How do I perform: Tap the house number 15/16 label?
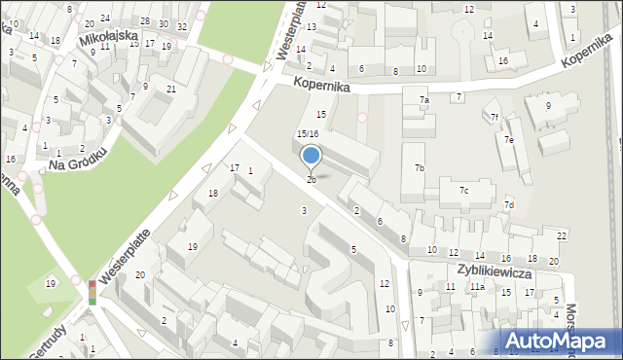[x=308, y=133]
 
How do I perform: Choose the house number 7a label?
[x=424, y=100]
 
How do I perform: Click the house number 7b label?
[x=419, y=168]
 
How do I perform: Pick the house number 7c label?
[x=464, y=190]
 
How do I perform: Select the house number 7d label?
[x=508, y=204]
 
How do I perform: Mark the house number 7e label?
[x=508, y=139]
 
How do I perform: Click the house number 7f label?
[x=495, y=117]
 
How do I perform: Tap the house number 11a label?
[x=477, y=287]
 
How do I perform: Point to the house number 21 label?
[x=170, y=90]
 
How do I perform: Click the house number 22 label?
[x=562, y=236]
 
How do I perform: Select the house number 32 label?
[x=182, y=26]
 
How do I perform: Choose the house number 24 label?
[x=105, y=18]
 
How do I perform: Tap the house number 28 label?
[x=145, y=21]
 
